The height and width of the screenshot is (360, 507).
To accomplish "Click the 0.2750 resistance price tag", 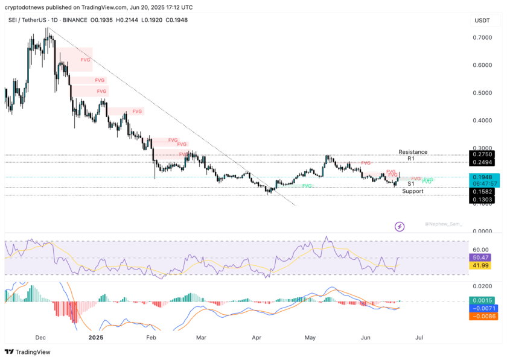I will pos(482,155).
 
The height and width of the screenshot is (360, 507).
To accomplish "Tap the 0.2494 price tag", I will pos(482,163).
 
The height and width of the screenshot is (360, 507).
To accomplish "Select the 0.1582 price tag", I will pos(482,191).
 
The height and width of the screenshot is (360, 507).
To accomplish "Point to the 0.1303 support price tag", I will pos(482,200).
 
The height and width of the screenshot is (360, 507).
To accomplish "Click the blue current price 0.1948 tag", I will pos(482,177).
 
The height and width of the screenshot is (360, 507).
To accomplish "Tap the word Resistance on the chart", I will pos(413,152).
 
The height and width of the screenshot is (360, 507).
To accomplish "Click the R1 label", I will pos(410,159).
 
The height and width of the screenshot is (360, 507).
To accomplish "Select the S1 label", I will pos(410,184).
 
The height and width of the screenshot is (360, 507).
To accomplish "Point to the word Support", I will pos(413,191).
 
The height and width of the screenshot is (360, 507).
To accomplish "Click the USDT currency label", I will pos(482,21).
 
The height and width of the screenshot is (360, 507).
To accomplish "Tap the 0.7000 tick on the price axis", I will pos(482,37).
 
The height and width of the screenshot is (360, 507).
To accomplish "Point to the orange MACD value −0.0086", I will pos(482,315).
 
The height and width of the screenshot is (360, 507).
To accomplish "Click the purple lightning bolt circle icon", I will pos(400,227).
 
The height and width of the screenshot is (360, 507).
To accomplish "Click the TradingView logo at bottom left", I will pos(28,352).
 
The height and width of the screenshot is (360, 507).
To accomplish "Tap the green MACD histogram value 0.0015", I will pos(482,300).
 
